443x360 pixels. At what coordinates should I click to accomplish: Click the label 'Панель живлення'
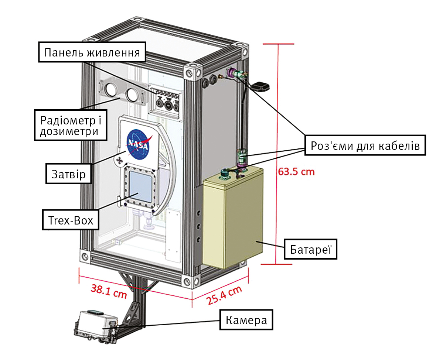(92, 52)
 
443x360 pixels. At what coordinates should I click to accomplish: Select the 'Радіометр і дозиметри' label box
(71, 126)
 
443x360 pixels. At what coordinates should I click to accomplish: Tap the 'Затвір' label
(69, 174)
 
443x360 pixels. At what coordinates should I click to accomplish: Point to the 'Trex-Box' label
(71, 220)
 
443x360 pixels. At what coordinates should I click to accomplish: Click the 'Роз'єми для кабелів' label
(365, 145)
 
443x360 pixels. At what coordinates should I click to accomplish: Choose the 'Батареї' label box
(310, 249)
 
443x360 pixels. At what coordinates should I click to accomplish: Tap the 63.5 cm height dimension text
(296, 172)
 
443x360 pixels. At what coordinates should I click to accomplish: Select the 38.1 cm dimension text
(109, 291)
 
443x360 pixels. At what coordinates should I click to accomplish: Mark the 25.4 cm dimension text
(224, 295)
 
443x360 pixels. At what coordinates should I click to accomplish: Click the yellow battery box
(233, 217)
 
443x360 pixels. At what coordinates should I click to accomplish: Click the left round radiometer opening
(111, 89)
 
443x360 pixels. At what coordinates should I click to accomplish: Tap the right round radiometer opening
(132, 95)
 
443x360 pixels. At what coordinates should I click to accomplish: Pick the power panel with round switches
(165, 102)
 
